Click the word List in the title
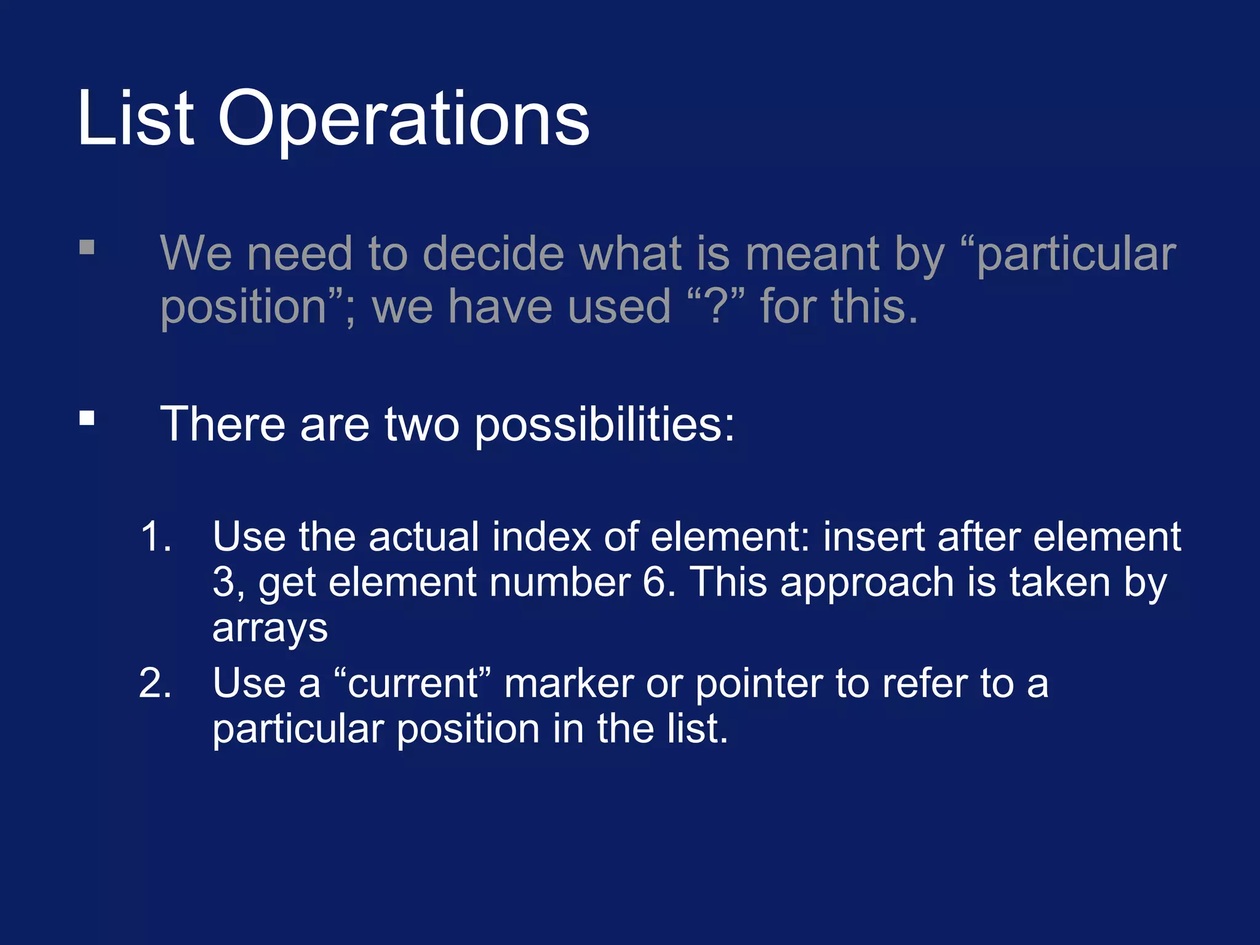(135, 118)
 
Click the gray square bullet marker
(87, 247)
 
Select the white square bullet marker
(87, 418)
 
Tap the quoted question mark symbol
(716, 306)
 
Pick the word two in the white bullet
(421, 425)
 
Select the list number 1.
(154, 536)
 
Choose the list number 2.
(154, 683)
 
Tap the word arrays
(269, 629)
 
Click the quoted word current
(412, 684)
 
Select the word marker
(569, 684)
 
